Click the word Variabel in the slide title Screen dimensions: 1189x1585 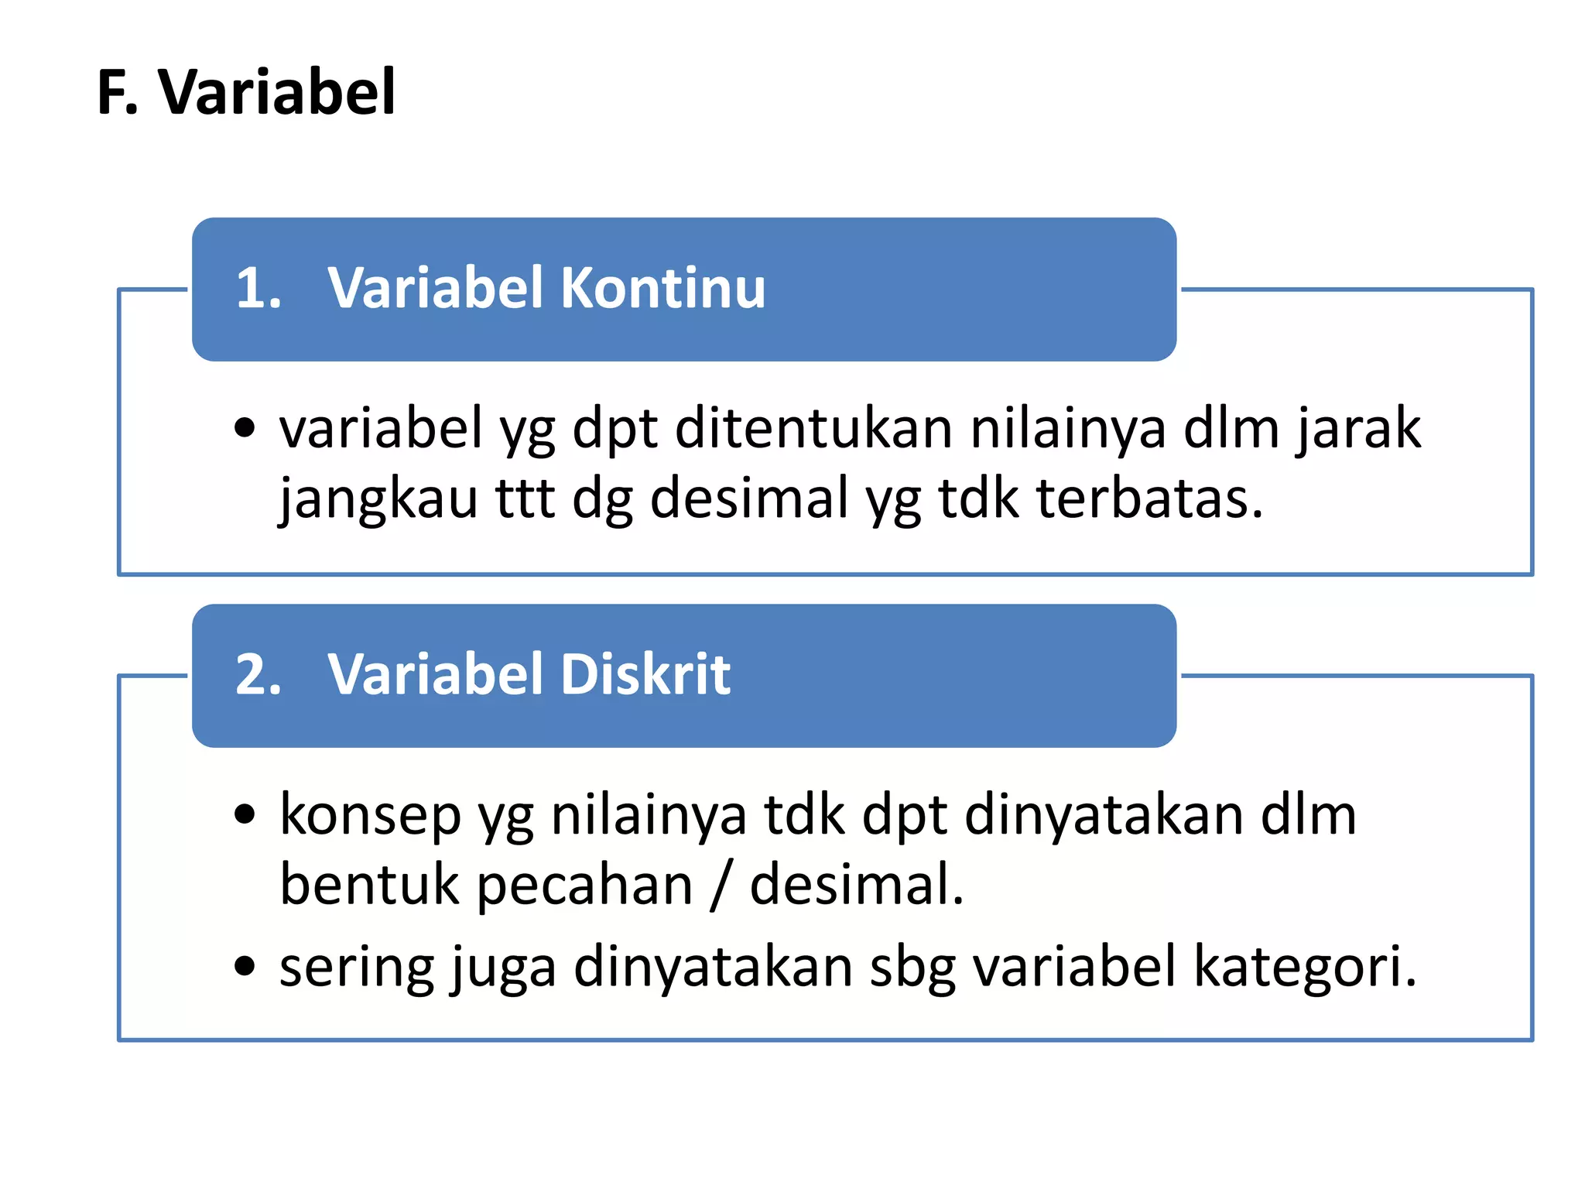pos(277,93)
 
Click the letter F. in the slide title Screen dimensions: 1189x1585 pos(117,93)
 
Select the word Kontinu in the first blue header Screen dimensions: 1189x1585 pos(662,288)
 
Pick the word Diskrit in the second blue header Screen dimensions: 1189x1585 pos(645,673)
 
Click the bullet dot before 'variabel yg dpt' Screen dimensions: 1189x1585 pos(245,427)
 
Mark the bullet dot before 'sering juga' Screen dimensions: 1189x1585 pos(245,966)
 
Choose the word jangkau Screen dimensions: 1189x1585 pos(378,499)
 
